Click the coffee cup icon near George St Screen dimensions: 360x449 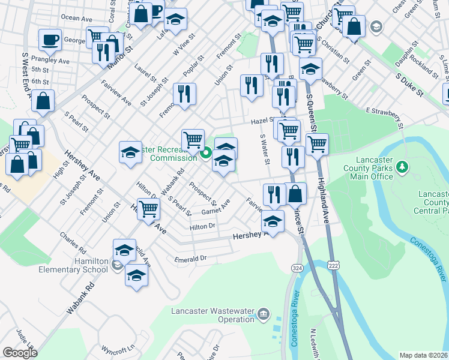pos(50,40)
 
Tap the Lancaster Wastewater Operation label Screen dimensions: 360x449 pos(212,315)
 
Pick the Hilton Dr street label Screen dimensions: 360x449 pos(202,227)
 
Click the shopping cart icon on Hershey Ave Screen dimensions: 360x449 pos(148,209)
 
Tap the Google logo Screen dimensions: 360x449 pos(19,353)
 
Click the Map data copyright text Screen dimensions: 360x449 pos(424,355)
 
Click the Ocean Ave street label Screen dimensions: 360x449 pos(77,18)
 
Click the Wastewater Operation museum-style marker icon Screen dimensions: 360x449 pos(264,314)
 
